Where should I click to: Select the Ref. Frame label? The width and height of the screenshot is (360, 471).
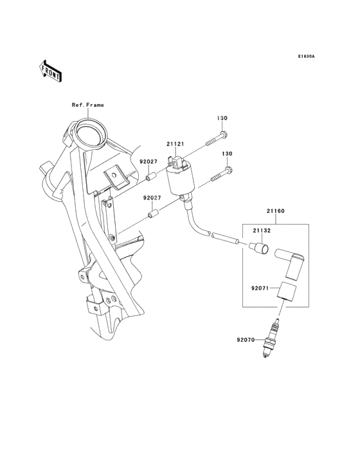click(x=87, y=105)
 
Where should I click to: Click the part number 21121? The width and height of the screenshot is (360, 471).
click(x=175, y=145)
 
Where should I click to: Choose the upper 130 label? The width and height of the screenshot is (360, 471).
click(x=222, y=118)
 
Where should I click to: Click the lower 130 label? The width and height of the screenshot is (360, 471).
click(x=227, y=154)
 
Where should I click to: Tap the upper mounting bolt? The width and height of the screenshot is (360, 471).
click(x=215, y=138)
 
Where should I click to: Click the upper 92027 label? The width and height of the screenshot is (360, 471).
click(x=148, y=163)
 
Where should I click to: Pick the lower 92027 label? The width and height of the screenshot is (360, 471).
click(x=152, y=198)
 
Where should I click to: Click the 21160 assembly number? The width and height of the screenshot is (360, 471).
click(x=275, y=211)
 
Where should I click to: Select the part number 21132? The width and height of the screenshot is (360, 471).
click(x=261, y=230)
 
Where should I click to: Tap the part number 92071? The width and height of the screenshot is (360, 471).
click(x=260, y=290)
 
